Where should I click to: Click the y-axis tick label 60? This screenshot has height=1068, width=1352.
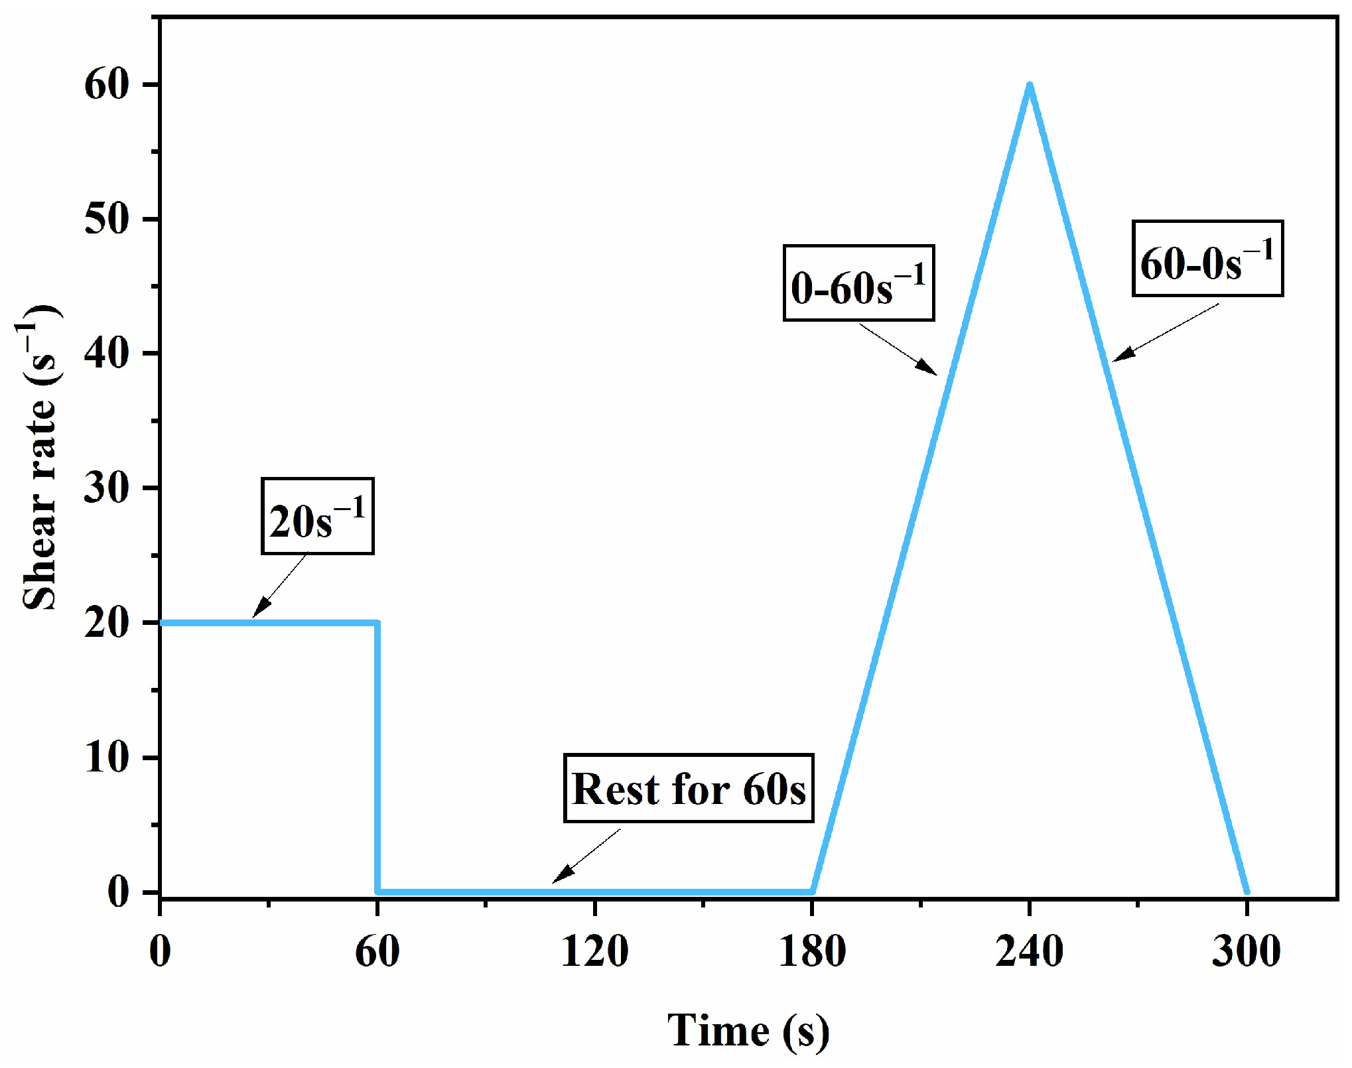106,86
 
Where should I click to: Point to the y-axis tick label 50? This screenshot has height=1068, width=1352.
106,220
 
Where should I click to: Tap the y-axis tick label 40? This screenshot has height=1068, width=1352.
106,354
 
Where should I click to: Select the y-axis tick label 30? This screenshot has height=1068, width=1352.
106,488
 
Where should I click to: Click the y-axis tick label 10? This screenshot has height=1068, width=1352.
106,758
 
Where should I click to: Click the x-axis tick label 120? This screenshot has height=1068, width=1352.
594,951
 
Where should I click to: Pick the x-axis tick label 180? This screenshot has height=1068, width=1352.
812,951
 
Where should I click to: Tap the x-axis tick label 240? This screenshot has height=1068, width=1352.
1029,951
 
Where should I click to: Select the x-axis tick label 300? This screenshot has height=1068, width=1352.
1246,951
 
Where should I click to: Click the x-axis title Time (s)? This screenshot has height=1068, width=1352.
748,1031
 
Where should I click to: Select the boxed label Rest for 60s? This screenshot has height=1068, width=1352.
688,789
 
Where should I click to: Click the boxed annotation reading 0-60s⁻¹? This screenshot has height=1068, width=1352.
858,283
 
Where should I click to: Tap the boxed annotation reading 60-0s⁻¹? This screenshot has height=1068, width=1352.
1207,259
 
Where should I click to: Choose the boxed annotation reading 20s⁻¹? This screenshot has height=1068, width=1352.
317,516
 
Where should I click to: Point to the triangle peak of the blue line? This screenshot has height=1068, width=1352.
1029,85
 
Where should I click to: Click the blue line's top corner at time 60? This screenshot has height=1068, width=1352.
377,623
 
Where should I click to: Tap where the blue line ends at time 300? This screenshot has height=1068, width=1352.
1247,892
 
